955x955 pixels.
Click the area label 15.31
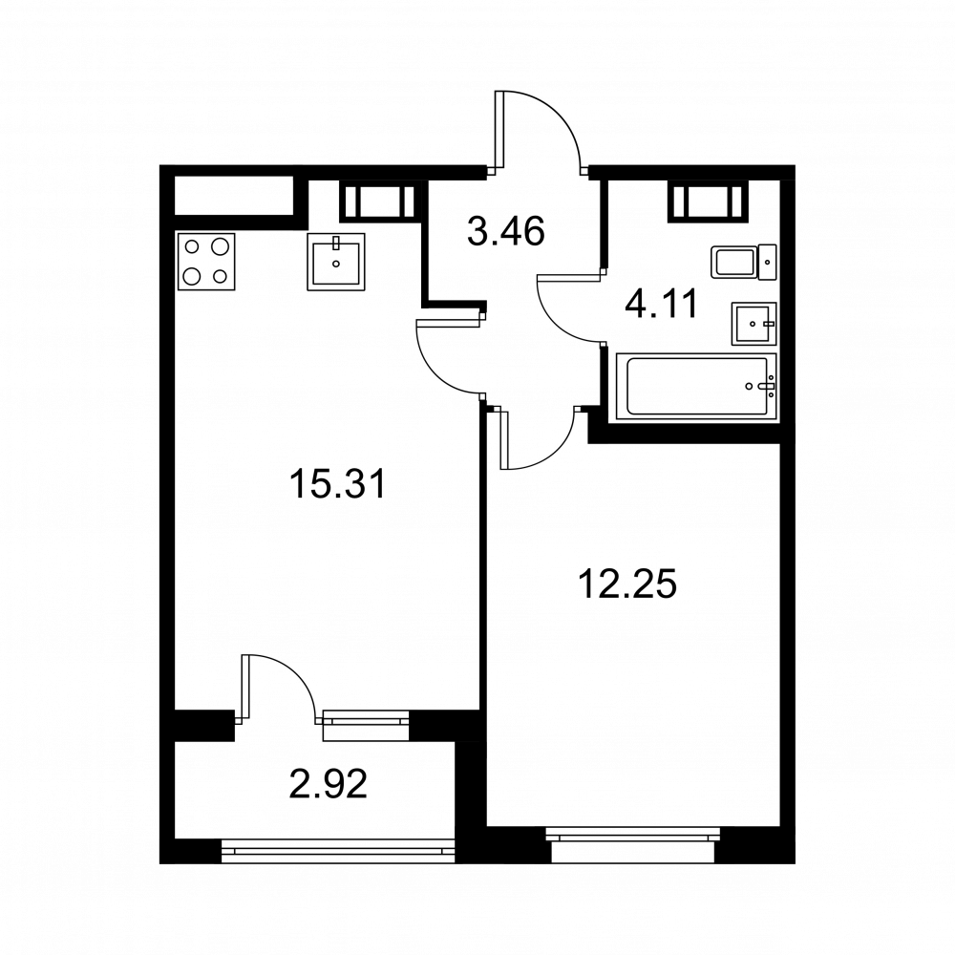point(337,485)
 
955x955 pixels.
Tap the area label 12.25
point(626,584)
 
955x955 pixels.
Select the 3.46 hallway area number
point(505,232)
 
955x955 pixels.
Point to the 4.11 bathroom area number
point(661,304)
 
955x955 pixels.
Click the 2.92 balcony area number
point(329,784)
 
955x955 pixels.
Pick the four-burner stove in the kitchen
point(206,262)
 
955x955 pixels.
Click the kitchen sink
point(336,262)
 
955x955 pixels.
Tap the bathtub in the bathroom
point(697,386)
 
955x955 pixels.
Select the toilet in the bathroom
point(744,263)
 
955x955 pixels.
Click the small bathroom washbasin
point(754,324)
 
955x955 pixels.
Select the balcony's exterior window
point(338,851)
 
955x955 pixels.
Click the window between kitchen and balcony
point(366,725)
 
